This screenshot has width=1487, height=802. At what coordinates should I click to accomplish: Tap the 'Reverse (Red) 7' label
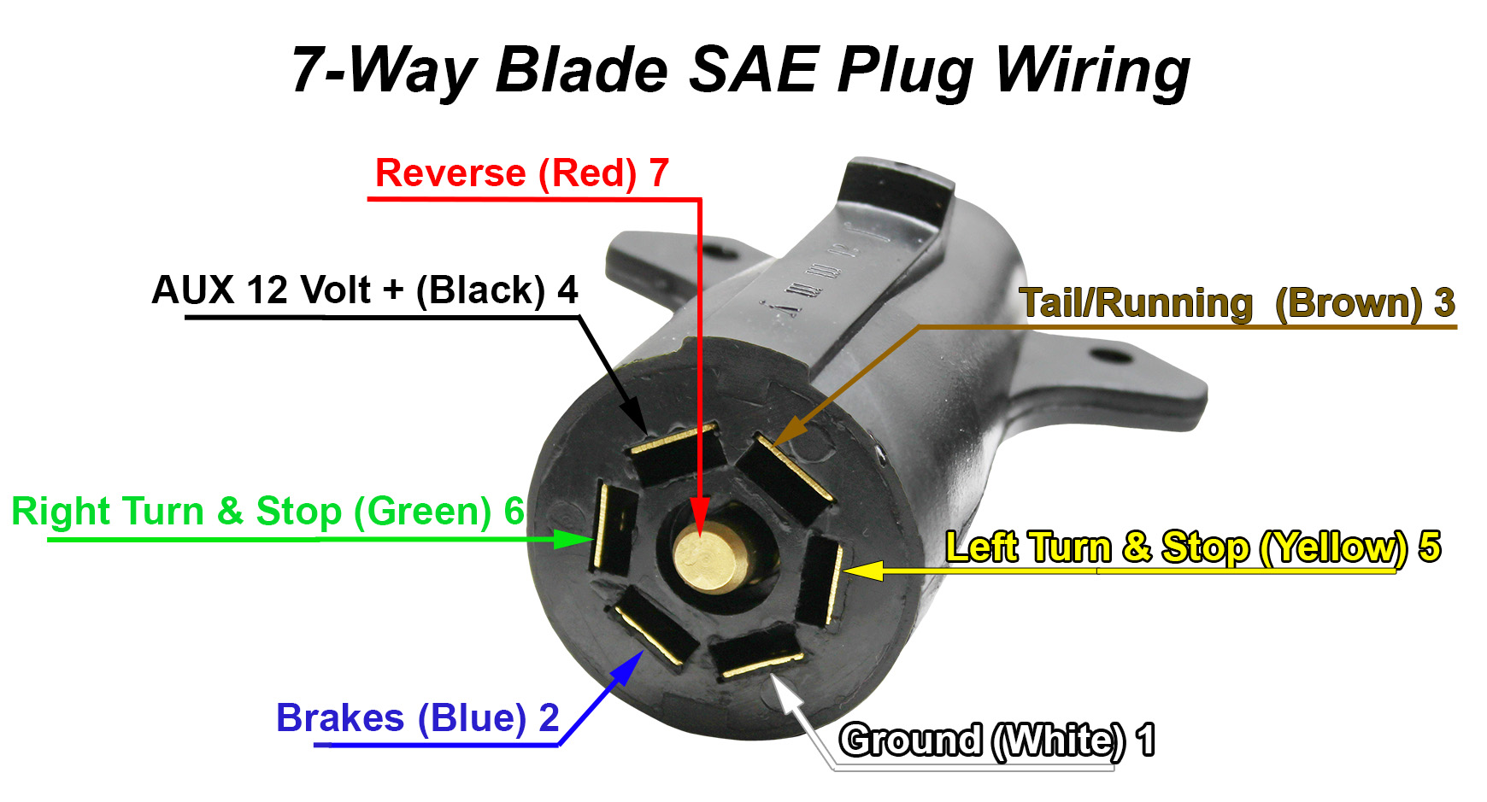(521, 173)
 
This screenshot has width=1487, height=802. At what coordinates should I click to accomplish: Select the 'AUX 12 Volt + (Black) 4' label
(365, 290)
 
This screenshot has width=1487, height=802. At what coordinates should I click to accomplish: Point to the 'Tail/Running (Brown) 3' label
(1237, 303)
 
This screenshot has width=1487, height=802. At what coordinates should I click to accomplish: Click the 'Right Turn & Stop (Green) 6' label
(267, 512)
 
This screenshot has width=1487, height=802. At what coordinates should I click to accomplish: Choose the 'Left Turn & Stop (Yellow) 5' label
(1192, 547)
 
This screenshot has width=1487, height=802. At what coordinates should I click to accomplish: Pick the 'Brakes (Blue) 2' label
(417, 718)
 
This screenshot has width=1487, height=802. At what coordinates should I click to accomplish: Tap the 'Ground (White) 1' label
(996, 740)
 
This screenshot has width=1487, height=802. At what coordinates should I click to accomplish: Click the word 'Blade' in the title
(581, 70)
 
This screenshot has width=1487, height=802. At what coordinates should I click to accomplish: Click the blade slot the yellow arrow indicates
(820, 581)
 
